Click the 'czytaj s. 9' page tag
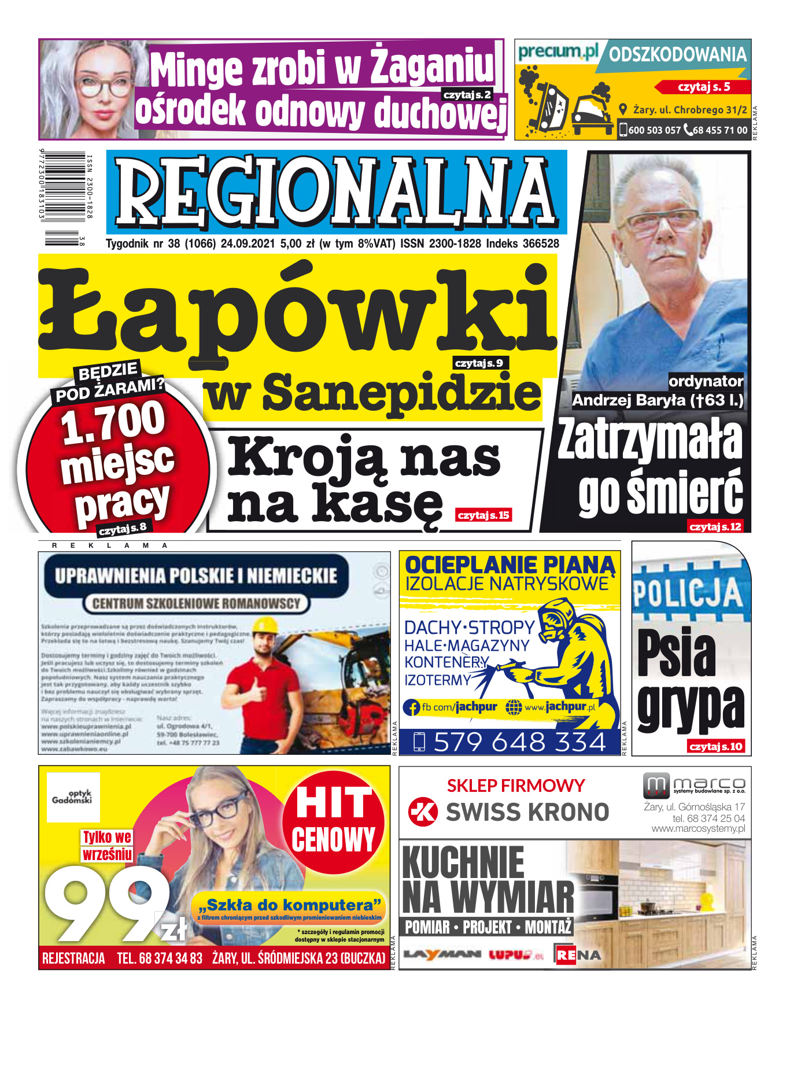tap(479, 363)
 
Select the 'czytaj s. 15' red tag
tap(483, 515)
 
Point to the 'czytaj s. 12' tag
tap(715, 526)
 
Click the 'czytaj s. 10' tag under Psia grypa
tap(716, 746)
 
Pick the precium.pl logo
tap(558, 53)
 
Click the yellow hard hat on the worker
tap(267, 625)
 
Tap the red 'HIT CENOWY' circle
tap(333, 821)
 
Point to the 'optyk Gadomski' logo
tap(73, 797)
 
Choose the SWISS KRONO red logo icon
tap(423, 812)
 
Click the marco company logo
tap(694, 785)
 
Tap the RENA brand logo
tap(578, 954)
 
